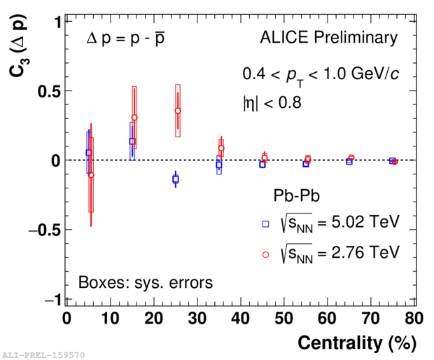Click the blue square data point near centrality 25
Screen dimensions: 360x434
point(175,180)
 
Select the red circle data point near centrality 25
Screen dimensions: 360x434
point(178,111)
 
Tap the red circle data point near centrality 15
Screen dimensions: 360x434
point(134,118)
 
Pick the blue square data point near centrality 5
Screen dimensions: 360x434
point(88,153)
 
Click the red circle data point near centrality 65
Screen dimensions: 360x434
point(351,158)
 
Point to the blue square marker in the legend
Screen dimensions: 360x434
point(265,224)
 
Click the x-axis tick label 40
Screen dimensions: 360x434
point(241,319)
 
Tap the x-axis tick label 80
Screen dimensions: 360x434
point(415,319)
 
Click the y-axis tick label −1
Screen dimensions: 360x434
point(49,300)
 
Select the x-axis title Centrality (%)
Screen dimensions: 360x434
point(357,343)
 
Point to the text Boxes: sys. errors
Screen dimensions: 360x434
point(145,283)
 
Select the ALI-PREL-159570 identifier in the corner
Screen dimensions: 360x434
point(43,355)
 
